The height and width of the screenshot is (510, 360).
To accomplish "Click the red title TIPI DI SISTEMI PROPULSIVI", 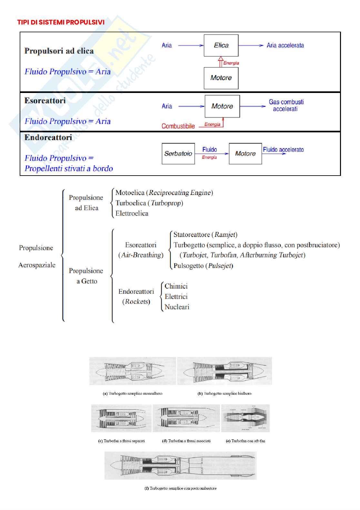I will tap(61, 22).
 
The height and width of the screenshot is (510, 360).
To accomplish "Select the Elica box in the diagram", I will tap(221, 46).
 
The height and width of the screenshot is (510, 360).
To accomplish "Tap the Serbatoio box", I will tap(178, 154).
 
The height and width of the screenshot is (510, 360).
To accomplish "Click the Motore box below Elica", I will tap(221, 78).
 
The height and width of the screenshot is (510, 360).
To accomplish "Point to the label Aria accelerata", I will tap(285, 46).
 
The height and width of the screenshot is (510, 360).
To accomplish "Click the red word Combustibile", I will tap(178, 126).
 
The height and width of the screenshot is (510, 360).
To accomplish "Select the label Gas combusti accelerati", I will tap(286, 106).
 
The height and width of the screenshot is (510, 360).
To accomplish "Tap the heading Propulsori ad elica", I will tap(59, 51).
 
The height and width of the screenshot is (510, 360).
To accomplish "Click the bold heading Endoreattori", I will tap(48, 138).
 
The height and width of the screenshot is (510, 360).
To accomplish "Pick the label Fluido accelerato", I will tap(283, 149).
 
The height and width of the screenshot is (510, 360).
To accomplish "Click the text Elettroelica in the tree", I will tap(132, 213).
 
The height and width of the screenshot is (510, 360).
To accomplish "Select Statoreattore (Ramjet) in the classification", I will tap(205, 235).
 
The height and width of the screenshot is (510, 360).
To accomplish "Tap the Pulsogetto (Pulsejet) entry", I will tap(203, 266).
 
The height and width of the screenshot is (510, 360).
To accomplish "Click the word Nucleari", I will tap(177, 307).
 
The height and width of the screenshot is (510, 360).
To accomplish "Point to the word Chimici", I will tap(176, 286).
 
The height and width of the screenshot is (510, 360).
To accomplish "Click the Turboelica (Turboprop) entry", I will tap(149, 203).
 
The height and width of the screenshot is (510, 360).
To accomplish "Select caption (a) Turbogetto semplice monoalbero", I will tap(132, 393).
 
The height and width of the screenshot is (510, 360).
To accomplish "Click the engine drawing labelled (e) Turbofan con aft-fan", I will tap(245, 418).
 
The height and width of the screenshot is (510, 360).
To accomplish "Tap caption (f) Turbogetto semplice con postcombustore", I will tap(180, 488).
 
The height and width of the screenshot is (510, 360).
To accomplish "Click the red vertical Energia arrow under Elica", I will tap(221, 62).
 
